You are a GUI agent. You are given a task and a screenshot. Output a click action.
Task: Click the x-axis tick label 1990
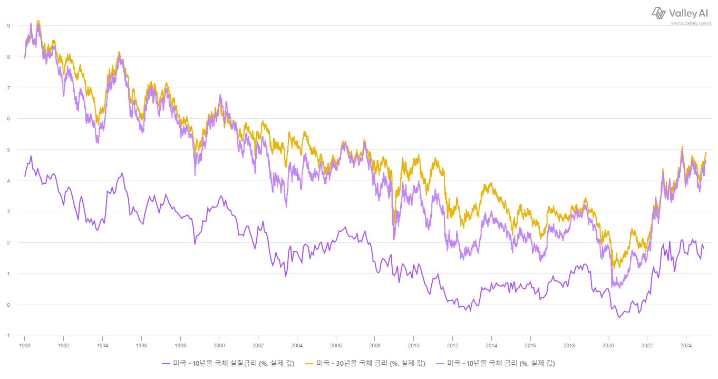[24, 346]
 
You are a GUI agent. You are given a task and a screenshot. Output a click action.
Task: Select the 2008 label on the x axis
[374, 346]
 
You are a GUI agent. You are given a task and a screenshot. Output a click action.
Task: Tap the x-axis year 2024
[685, 346]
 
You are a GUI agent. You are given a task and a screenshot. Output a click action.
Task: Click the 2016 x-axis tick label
[530, 346]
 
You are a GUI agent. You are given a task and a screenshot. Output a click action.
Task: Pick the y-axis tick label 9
[8, 25]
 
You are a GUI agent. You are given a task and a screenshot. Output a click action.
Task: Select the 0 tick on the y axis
[8, 305]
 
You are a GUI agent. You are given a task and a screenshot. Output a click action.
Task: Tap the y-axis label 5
[8, 149]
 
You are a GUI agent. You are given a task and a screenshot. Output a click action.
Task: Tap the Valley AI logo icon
[659, 13]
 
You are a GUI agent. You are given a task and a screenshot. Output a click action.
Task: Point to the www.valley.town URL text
[691, 23]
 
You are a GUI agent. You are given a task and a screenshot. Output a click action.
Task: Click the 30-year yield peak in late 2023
[682, 147]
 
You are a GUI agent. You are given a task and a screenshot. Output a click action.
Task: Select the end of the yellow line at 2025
[706, 153]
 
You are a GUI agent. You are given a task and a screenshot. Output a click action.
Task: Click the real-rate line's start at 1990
[25, 176]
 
